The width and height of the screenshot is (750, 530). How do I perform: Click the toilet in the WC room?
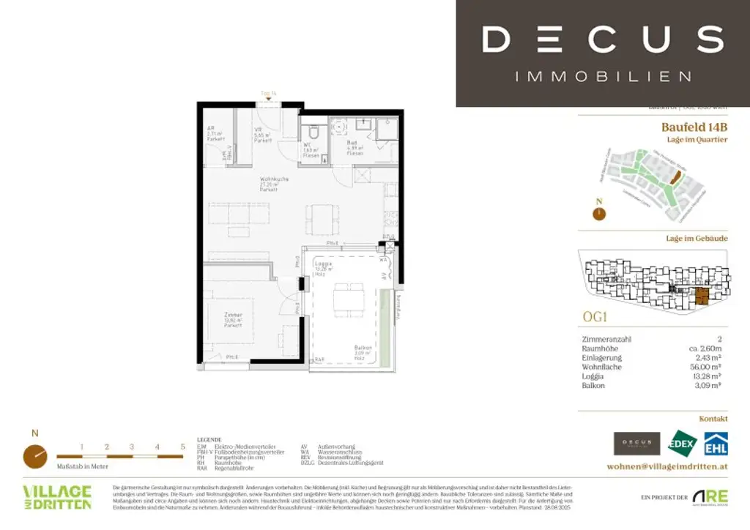click(x=313, y=132)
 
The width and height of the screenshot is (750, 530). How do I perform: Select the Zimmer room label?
click(x=234, y=318)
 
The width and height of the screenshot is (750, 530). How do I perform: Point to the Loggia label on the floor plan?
click(x=323, y=266)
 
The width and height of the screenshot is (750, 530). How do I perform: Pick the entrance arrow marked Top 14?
click(x=268, y=100)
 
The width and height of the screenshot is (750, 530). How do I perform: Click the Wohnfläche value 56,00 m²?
click(x=710, y=367)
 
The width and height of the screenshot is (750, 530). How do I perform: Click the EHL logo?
click(x=715, y=444)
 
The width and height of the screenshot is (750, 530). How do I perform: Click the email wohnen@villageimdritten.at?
click(x=667, y=466)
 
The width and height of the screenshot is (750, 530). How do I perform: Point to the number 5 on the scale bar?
click(x=182, y=447)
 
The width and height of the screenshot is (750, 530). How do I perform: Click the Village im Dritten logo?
click(x=57, y=497)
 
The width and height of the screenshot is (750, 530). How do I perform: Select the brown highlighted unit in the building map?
click(x=702, y=296)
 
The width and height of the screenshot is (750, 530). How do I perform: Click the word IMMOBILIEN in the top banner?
click(x=603, y=76)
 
